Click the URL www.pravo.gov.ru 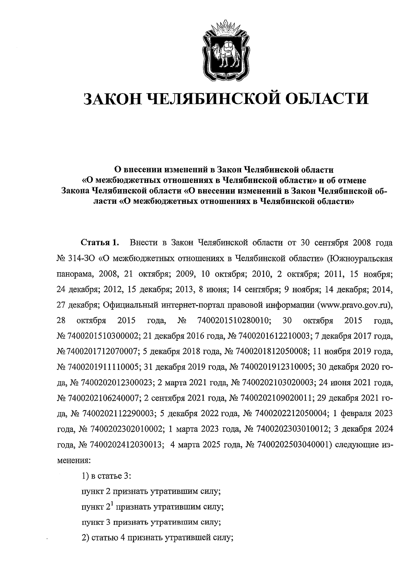(x=353, y=305)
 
